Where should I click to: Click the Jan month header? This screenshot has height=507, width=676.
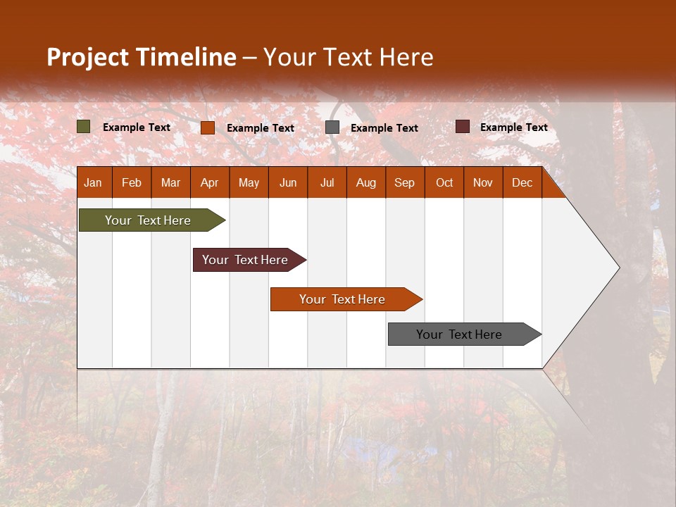point(93,182)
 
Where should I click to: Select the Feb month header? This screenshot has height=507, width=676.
point(132,182)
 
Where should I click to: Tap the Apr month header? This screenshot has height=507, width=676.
point(209,182)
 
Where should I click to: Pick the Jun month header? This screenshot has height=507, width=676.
point(288,182)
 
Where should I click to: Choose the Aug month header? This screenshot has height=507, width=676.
point(365,182)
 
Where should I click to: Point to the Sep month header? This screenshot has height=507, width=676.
point(404,182)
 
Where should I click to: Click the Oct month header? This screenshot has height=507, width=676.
point(444,182)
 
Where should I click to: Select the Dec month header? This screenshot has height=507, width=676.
point(522,182)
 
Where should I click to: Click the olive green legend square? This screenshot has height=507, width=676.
point(84,127)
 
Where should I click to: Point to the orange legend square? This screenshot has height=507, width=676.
point(208,127)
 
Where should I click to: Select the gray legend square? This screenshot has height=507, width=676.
point(332,127)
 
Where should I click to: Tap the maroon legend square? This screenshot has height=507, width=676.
point(463,127)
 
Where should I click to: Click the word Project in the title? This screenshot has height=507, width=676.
point(87,57)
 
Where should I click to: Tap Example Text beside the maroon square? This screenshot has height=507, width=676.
point(513,127)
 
